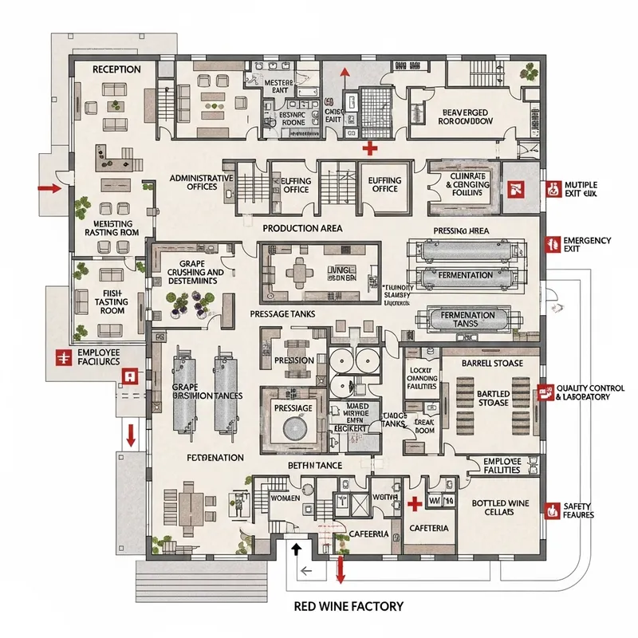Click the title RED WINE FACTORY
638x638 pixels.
pyautogui.click(x=349, y=606)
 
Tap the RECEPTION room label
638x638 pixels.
pyautogui.click(x=116, y=69)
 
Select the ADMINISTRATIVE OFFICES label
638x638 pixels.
pyautogui.click(x=201, y=182)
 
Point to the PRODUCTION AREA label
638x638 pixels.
pyautogui.click(x=303, y=228)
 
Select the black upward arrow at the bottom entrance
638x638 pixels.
pyautogui.click(x=296, y=549)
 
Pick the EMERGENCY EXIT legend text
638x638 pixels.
pyautogui.click(x=587, y=245)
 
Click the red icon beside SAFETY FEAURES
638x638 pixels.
pyautogui.click(x=551, y=509)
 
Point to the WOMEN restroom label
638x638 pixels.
pyautogui.click(x=285, y=498)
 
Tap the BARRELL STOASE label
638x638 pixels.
pyautogui.click(x=492, y=363)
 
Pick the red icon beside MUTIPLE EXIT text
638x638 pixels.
pyautogui.click(x=552, y=189)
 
